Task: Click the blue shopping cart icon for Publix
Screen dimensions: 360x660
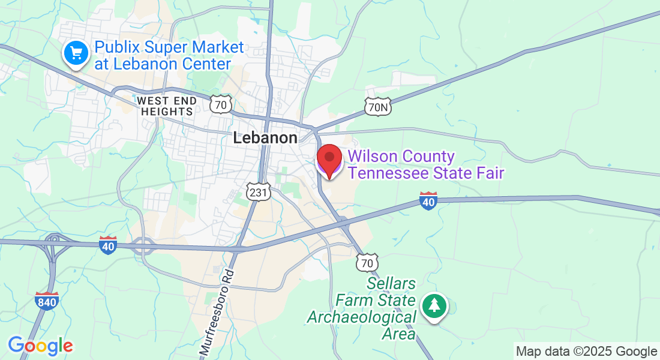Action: click(76, 54)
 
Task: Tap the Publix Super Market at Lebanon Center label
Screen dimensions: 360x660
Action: click(169, 55)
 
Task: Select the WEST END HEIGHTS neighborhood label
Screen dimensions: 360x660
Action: click(166, 106)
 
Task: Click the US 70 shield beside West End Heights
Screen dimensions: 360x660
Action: click(221, 105)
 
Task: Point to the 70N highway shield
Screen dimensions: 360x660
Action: click(377, 107)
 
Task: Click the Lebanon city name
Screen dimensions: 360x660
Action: click(265, 137)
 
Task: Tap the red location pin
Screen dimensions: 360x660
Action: click(329, 160)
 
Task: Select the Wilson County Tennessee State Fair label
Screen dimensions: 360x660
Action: click(425, 165)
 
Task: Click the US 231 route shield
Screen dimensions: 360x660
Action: click(259, 192)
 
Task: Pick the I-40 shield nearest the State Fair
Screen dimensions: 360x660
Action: click(428, 200)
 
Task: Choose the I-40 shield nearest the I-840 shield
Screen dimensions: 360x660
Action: click(108, 245)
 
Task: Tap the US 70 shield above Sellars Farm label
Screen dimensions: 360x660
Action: click(367, 262)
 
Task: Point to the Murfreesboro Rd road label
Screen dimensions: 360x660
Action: click(216, 313)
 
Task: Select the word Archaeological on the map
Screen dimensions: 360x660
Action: click(361, 317)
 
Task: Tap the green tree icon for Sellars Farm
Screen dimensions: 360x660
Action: click(434, 306)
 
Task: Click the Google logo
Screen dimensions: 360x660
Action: click(40, 346)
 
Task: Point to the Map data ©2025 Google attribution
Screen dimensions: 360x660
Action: click(586, 352)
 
